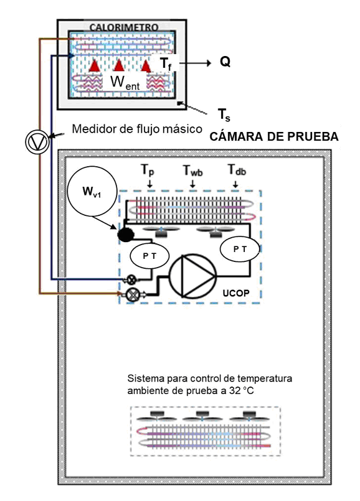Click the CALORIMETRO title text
[x=124, y=27]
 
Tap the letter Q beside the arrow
[x=225, y=62]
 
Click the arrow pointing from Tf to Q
[x=195, y=63]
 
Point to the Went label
[x=125, y=82]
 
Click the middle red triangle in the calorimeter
[x=119, y=65]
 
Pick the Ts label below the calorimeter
[x=224, y=115]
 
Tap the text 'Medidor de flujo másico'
[x=137, y=129]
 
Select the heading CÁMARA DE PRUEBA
[x=274, y=137]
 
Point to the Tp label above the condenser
[x=148, y=170]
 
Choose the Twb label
[x=193, y=171]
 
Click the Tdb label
[x=237, y=170]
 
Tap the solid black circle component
[x=126, y=235]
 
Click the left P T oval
[x=149, y=256]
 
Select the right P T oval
[x=239, y=249]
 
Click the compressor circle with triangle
[x=192, y=276]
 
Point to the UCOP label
[x=236, y=293]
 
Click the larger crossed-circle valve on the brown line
[x=131, y=294]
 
